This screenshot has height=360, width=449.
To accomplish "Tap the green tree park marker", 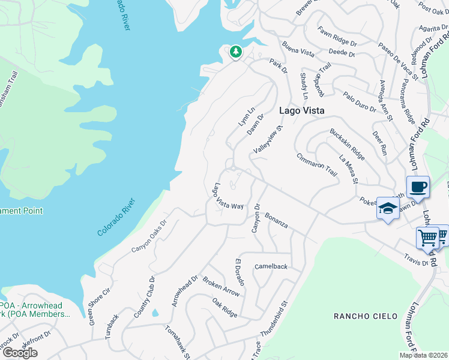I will point(236,52).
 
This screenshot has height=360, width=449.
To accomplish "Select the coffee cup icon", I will point(418,186).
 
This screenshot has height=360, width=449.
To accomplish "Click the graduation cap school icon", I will point(388,209).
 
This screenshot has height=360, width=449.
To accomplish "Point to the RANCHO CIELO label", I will point(366,316).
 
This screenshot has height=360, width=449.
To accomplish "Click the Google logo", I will point(20,353).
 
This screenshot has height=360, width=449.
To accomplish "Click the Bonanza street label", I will point(277,220).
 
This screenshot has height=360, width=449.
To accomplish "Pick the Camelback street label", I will point(271,266).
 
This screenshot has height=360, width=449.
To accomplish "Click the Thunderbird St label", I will point(275,318).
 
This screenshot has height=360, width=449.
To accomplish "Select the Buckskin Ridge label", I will point(347,144).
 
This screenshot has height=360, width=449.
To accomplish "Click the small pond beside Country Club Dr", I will point(155,313).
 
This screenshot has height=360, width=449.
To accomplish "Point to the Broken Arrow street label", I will point(221,286).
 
